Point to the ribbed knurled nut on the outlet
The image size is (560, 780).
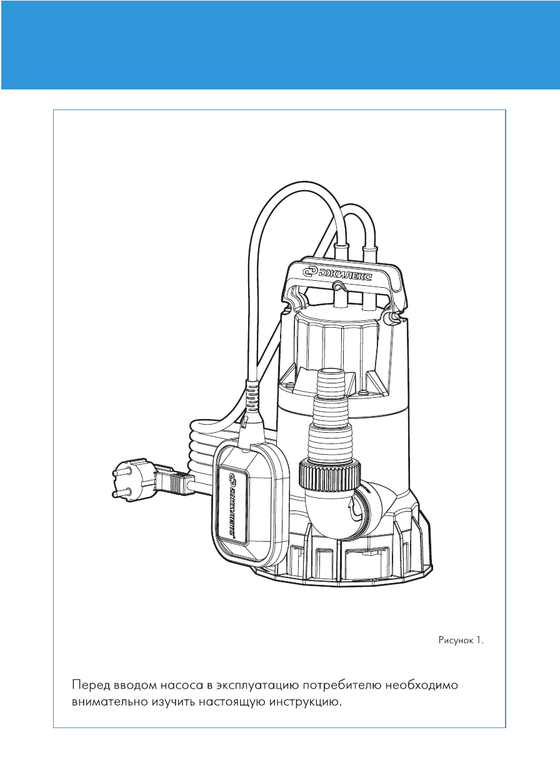click(x=330, y=474)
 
